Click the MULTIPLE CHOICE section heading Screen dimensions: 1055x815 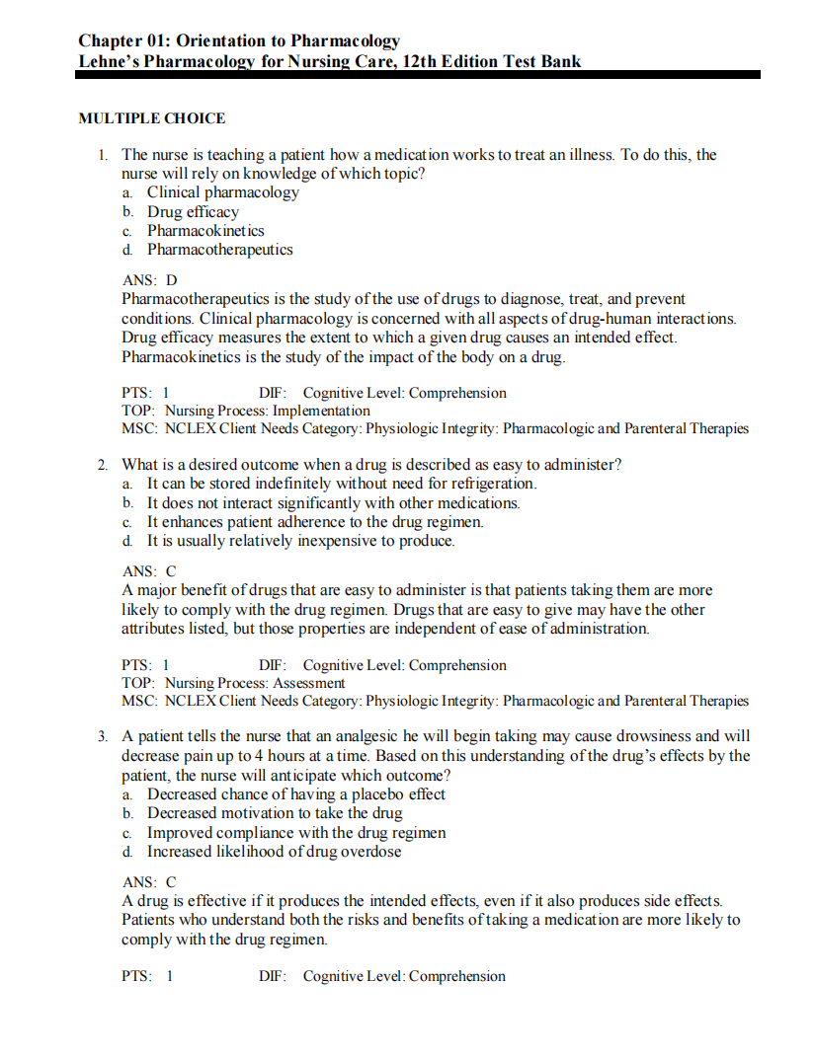pos(151,118)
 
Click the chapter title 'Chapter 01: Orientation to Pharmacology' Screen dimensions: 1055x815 pos(239,40)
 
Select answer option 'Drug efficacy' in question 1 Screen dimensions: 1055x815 pos(193,211)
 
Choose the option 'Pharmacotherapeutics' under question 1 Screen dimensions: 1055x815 pos(219,250)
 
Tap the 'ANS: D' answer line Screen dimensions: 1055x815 pos(149,280)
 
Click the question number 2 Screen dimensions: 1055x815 pos(102,465)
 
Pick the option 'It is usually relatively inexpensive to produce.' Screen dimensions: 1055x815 pos(300,541)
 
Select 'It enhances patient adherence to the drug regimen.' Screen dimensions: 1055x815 pos(315,522)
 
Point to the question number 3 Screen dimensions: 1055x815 pos(102,736)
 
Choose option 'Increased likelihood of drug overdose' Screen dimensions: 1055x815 pos(274,852)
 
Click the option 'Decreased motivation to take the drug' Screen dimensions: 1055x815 pos(275,813)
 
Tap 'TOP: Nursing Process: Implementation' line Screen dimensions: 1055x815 pos(246,411)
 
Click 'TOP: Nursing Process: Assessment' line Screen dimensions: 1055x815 pos(233,683)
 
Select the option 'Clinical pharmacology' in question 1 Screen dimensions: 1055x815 pos(222,192)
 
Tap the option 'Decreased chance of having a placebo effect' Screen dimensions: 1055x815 pos(295,794)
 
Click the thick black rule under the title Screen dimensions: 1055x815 pos(419,75)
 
